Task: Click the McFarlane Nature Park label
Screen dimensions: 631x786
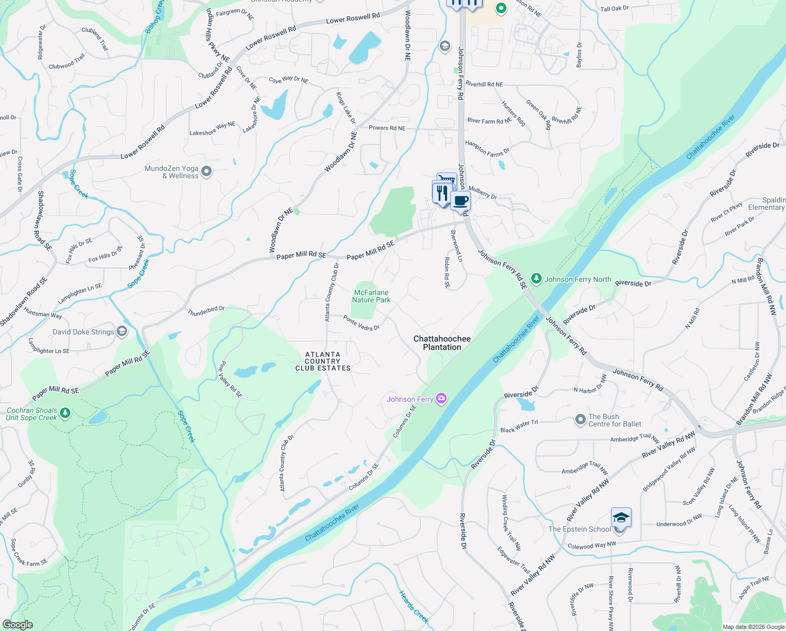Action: (371, 296)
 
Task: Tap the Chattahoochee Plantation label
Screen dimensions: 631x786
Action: (442, 343)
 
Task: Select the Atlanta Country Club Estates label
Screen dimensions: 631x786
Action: (323, 361)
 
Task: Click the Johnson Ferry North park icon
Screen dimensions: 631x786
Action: (536, 279)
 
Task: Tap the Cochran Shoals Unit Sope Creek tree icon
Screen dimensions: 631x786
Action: (65, 413)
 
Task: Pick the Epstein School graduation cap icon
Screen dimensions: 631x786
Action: (621, 518)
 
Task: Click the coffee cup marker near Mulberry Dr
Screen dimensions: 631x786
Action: (461, 201)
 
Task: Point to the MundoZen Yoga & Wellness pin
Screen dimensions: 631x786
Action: (206, 171)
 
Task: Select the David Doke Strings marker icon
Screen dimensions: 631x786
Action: (122, 331)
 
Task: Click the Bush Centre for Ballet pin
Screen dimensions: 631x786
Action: (580, 420)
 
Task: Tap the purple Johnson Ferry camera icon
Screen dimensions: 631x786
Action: (441, 399)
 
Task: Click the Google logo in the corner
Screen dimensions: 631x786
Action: (18, 624)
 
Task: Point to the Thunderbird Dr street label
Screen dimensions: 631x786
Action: (206, 311)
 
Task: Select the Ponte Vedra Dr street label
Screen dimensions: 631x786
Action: (361, 323)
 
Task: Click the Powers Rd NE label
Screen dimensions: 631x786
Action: (387, 128)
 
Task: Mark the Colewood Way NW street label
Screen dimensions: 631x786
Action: (592, 546)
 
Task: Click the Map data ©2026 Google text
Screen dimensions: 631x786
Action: (753, 627)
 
